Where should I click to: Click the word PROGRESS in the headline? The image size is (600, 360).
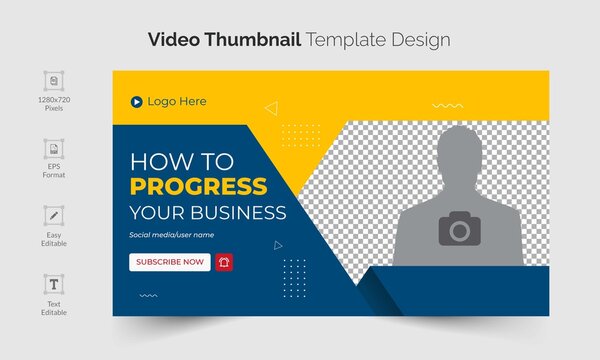click(199, 186)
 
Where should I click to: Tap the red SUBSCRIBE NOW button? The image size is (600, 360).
click(169, 262)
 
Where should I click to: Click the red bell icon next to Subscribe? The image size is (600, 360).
click(224, 262)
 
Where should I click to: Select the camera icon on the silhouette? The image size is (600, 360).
click(458, 230)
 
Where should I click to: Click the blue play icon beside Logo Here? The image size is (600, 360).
click(135, 101)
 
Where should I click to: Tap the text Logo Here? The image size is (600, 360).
click(177, 101)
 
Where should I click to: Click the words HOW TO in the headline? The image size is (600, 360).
click(181, 161)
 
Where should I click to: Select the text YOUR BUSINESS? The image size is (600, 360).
click(207, 212)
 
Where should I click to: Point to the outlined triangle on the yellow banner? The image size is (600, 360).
click(271, 108)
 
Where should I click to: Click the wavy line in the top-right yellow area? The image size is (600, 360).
click(447, 105)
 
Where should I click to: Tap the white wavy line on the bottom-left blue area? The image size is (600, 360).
click(148, 296)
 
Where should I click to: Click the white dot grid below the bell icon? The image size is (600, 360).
click(294, 271)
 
